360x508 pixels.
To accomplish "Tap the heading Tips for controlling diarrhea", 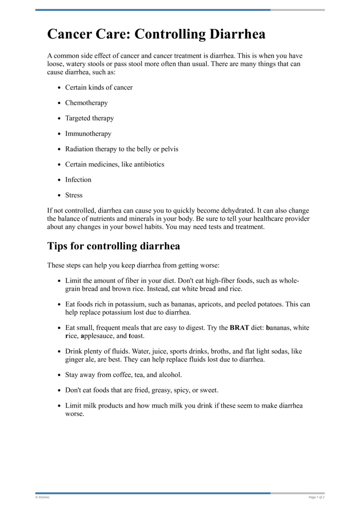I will (113, 246).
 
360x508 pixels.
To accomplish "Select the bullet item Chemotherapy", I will (86, 102).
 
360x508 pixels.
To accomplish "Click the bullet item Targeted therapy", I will (90, 118).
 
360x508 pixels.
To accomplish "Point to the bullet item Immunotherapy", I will (88, 134).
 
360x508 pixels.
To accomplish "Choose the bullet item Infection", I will (78, 179).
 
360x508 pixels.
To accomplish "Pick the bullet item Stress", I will (74, 195).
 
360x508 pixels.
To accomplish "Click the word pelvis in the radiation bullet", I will (169, 149).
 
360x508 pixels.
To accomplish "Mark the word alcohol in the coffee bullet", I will (169, 374).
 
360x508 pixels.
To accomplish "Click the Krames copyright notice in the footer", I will (42, 497).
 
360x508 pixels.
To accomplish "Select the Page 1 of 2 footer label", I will (316, 497).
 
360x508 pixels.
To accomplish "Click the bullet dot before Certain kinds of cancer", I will (59, 88).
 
